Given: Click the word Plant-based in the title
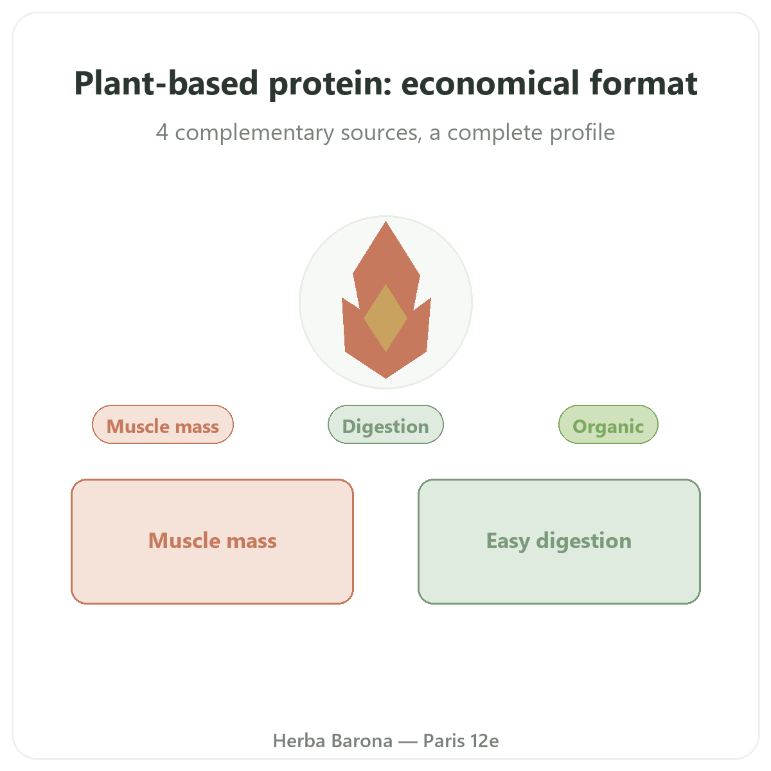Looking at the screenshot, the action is coord(166,84).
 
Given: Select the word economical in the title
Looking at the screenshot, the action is coord(490,84).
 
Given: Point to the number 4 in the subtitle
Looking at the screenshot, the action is coord(162,132).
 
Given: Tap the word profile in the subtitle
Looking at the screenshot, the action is coord(582,133).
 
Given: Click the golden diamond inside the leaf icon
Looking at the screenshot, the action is coord(385,318).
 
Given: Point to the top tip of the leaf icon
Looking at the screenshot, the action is coord(385,222).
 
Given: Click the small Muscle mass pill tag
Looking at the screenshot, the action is coord(163,424).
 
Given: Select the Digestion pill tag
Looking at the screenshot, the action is coord(385,424).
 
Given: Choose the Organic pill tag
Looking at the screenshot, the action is coord(608,424).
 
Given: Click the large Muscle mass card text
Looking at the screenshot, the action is coord(213,540).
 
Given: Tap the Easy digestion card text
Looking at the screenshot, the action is coord(559,542).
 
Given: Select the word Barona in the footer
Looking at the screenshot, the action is coord(362,741).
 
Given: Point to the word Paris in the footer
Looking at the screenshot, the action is coord(444,741).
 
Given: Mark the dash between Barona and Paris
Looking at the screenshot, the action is coord(408,741).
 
